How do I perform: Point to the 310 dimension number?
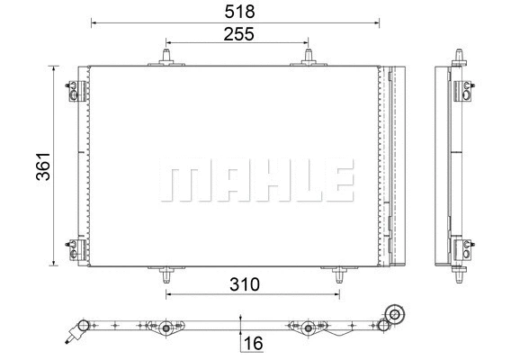click(x=244, y=285)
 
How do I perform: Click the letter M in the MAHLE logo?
click(x=180, y=182)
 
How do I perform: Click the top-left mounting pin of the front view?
click(x=168, y=57)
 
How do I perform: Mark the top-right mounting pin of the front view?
click(x=308, y=57)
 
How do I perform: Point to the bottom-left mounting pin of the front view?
click(x=168, y=274)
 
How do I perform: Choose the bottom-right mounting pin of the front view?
click(x=338, y=274)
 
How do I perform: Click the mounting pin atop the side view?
click(x=460, y=57)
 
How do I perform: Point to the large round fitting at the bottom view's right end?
click(x=392, y=314)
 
